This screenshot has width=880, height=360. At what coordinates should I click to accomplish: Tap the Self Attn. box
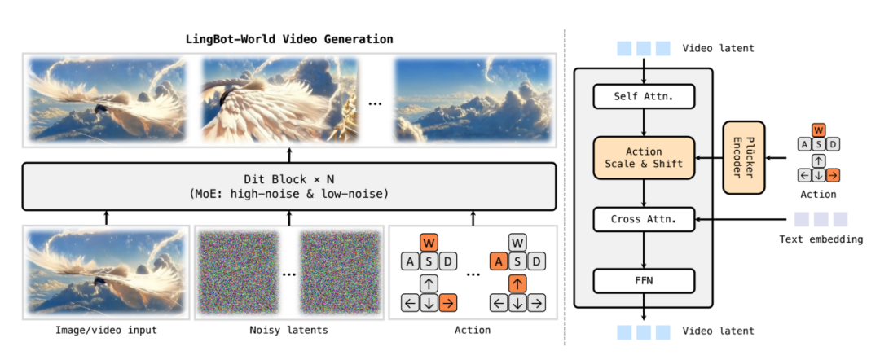click(644, 97)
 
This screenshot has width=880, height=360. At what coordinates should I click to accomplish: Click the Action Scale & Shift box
click(644, 158)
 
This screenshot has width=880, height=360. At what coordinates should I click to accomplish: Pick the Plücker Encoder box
click(742, 158)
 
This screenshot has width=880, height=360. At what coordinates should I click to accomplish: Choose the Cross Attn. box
click(644, 219)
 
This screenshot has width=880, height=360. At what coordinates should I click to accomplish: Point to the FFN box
click(644, 281)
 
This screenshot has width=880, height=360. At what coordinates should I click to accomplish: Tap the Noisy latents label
click(289, 330)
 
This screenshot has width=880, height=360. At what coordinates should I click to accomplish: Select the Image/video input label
click(107, 330)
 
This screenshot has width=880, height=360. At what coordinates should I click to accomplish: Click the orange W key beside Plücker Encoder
click(818, 130)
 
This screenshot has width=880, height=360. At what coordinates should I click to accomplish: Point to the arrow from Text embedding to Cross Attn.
click(741, 219)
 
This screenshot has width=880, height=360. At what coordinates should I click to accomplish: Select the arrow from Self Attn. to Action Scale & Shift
click(644, 122)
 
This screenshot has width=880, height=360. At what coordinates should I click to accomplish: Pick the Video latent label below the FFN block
click(718, 331)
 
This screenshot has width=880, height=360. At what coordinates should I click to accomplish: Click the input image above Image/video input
click(107, 271)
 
